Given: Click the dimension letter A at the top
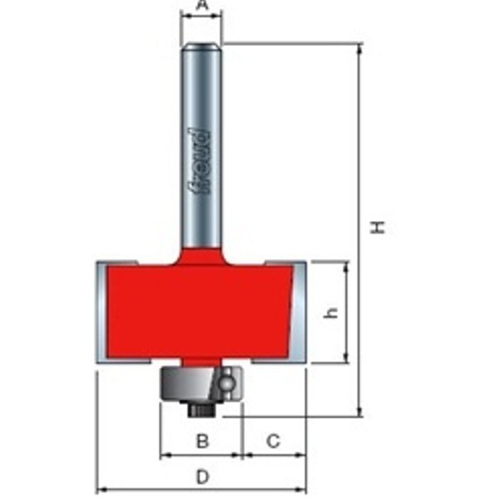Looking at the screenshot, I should tap(201, 7).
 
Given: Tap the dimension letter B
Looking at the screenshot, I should tap(201, 442).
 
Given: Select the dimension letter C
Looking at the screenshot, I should tap(273, 442).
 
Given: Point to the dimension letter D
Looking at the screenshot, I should tap(201, 477).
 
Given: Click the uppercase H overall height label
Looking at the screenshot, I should tap(378, 226).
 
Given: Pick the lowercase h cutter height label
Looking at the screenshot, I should tap(332, 312).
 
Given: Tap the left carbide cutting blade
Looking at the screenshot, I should tap(102, 312).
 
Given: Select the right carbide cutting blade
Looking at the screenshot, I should tap(300, 312).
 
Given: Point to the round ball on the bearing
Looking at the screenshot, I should tap(225, 383).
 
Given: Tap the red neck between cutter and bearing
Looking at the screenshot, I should tap(200, 362).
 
